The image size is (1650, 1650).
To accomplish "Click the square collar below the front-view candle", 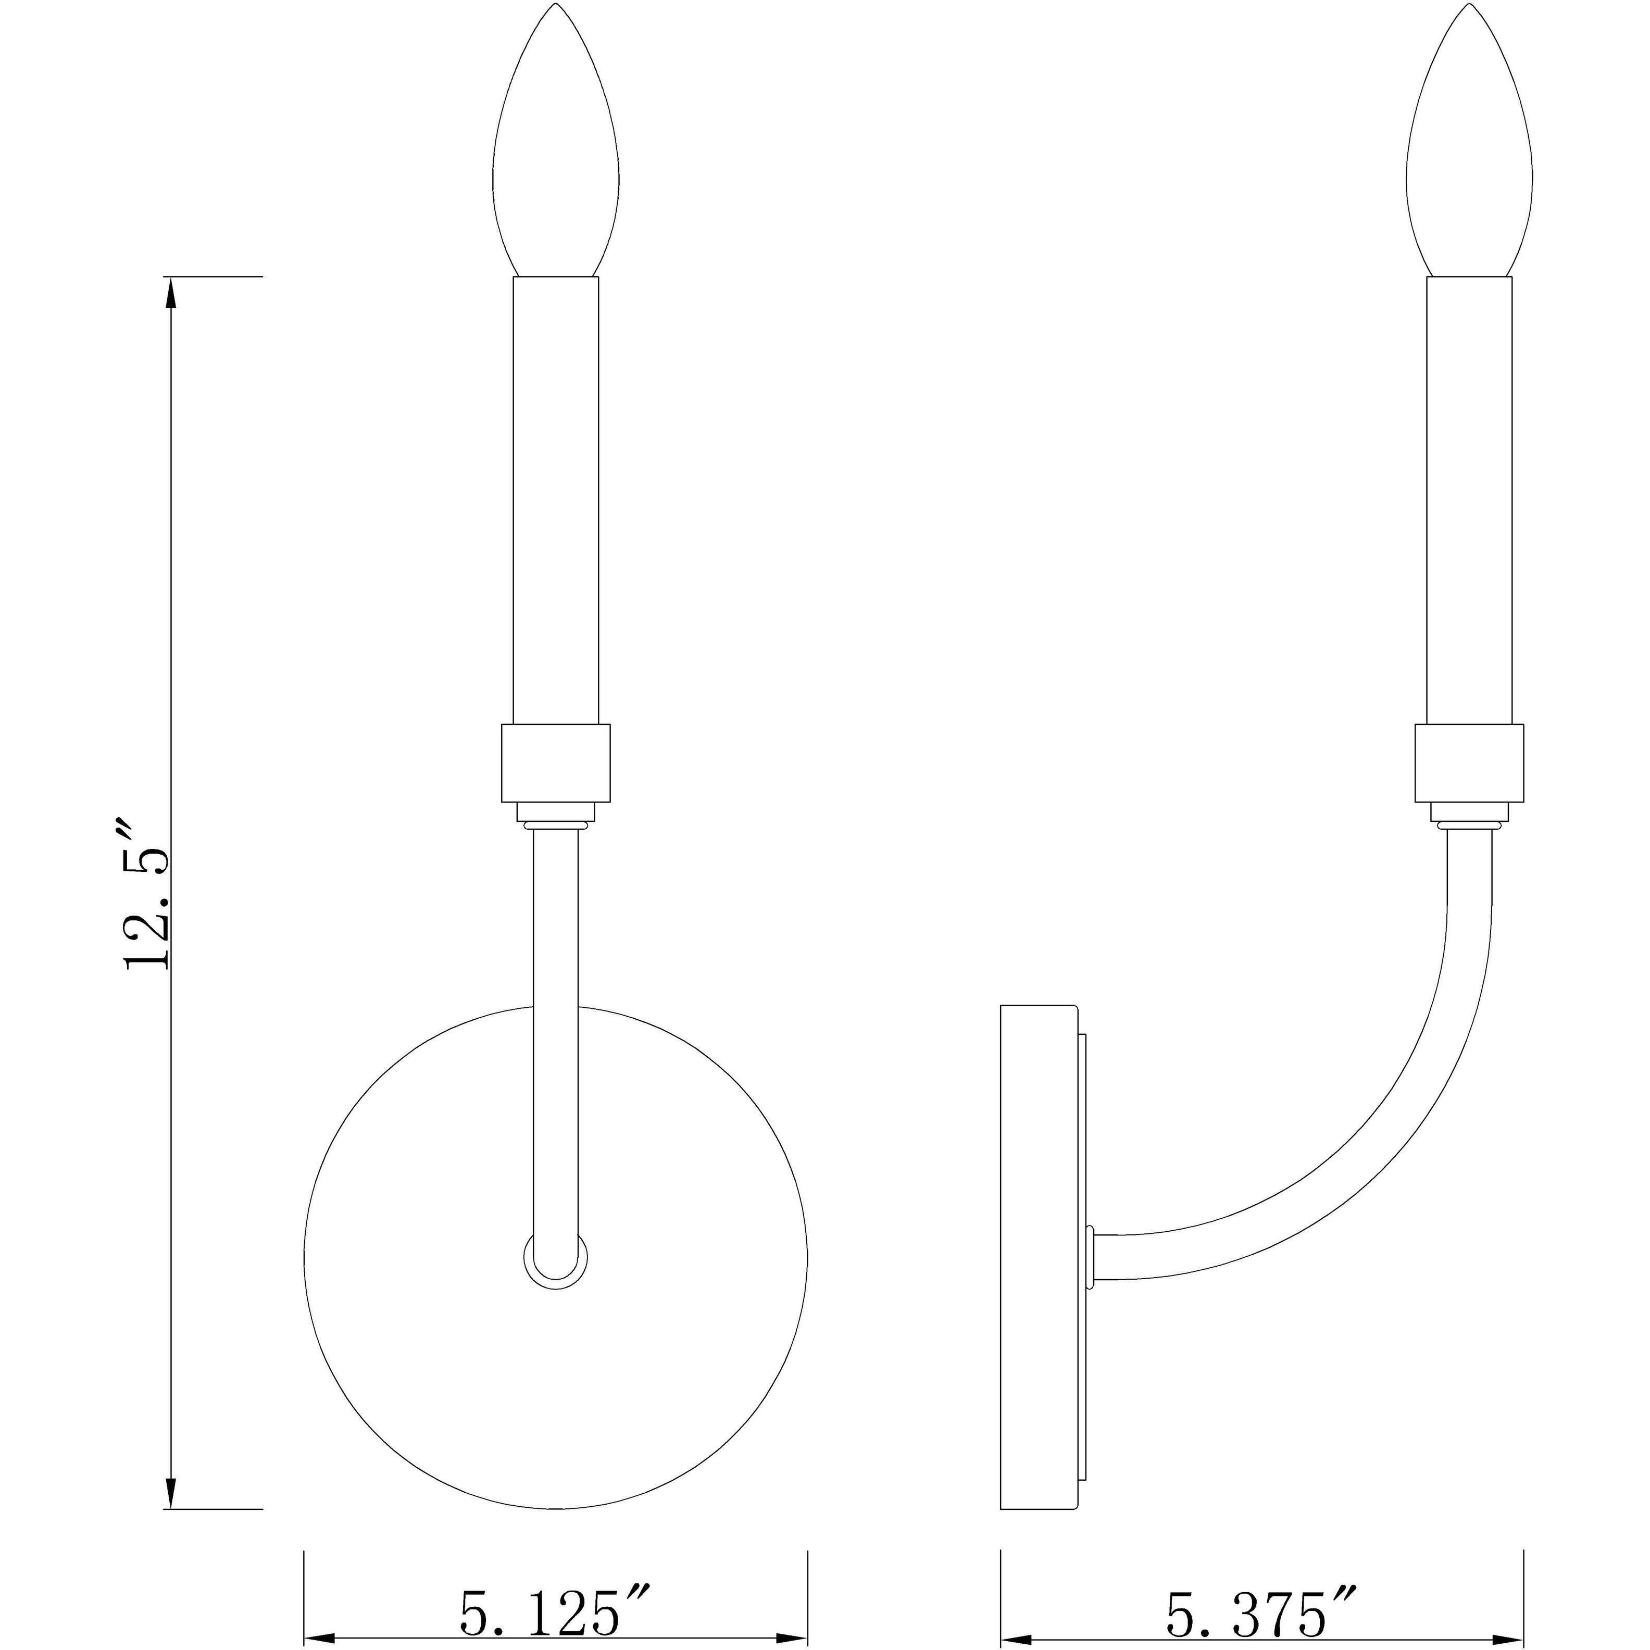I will coord(556,762).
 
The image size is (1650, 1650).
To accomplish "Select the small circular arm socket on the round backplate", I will coord(556,1279).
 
